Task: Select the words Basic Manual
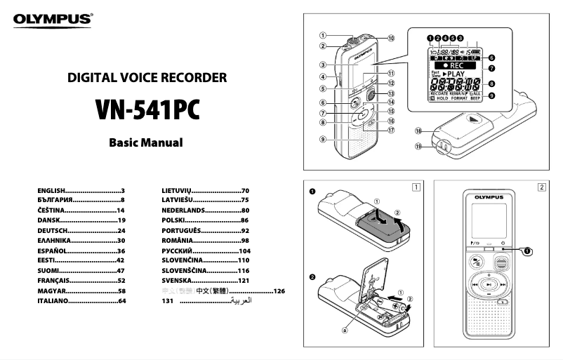[146, 142]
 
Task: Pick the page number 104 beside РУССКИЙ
[244, 251]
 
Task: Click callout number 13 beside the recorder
[391, 93]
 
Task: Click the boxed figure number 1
[417, 187]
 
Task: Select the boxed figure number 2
[541, 187]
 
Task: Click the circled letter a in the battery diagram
[344, 328]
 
